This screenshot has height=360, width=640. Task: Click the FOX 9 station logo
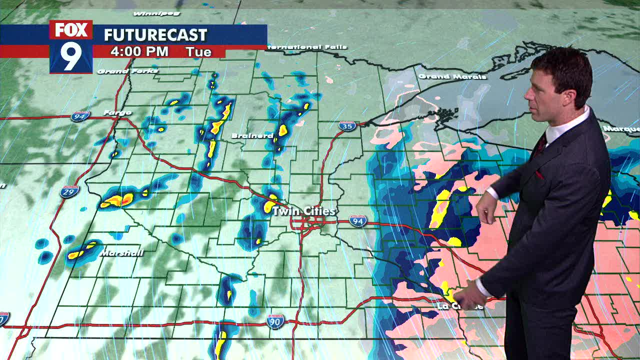click(x=71, y=47)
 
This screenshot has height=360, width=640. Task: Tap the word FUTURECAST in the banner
click(x=155, y=35)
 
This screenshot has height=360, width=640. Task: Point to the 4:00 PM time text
click(x=139, y=51)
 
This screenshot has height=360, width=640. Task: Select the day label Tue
click(x=198, y=51)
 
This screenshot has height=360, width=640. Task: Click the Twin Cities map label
click(x=303, y=211)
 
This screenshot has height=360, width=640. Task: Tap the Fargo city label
click(x=117, y=113)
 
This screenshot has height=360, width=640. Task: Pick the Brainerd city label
click(x=252, y=136)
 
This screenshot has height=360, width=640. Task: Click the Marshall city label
click(x=121, y=253)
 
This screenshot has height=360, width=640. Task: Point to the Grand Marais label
click(x=452, y=76)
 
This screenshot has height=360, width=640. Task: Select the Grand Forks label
click(x=127, y=71)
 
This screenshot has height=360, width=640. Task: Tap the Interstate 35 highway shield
click(x=347, y=126)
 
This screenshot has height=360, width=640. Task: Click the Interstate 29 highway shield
click(x=69, y=191)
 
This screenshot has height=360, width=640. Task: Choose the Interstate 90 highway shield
click(x=275, y=321)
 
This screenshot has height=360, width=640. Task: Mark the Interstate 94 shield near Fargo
click(x=80, y=116)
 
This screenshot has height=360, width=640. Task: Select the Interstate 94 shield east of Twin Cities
click(x=358, y=220)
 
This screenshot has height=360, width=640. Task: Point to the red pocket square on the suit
click(x=539, y=174)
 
